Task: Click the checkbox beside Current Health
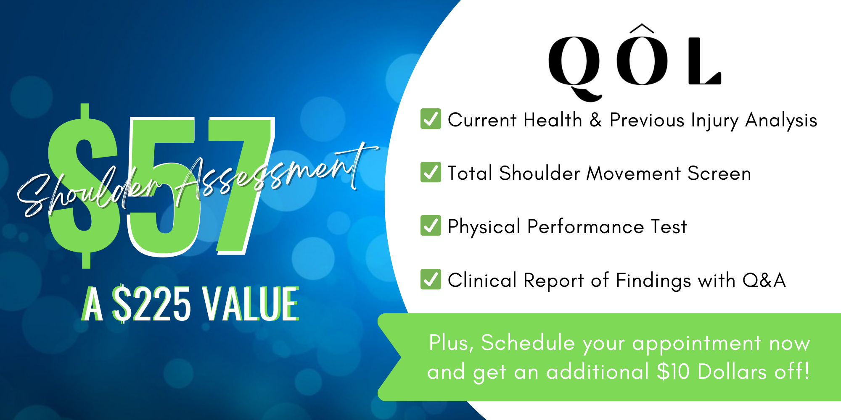pyautogui.click(x=431, y=118)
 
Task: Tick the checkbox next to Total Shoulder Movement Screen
pyautogui.click(x=431, y=172)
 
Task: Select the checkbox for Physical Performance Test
pyautogui.click(x=431, y=226)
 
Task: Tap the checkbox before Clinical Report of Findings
pyautogui.click(x=431, y=279)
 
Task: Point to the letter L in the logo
pyautogui.click(x=705, y=61)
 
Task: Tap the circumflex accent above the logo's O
pyautogui.click(x=642, y=28)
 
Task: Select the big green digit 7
pyautogui.click(x=240, y=185)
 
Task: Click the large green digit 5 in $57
pyautogui.click(x=162, y=187)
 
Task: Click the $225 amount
pyautogui.click(x=151, y=303)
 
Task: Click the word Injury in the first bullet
pyautogui.click(x=714, y=121)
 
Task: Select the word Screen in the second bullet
pyautogui.click(x=719, y=173)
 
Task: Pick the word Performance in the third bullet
pyautogui.click(x=585, y=227)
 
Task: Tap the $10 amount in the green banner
pyautogui.click(x=673, y=371)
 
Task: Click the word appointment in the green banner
pyautogui.click(x=697, y=344)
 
